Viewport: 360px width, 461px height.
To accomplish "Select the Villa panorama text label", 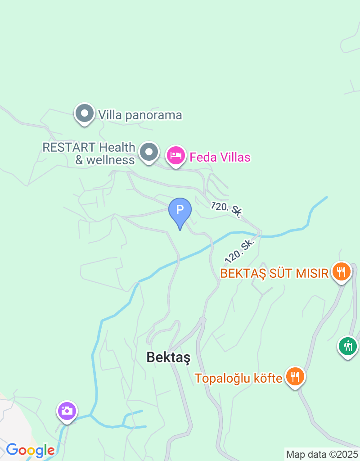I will [x=140, y=115].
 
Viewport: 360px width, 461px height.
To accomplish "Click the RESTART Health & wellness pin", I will [x=149, y=153].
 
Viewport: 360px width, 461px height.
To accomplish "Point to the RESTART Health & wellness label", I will [x=89, y=154].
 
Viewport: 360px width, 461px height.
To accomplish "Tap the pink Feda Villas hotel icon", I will [x=176, y=156].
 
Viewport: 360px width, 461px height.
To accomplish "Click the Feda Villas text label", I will [x=220, y=157].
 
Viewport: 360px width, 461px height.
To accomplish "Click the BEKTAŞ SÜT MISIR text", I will [x=274, y=273].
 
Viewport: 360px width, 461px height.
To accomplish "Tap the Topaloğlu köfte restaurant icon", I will [x=295, y=377].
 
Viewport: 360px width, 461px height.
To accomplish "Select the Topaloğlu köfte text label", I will [x=238, y=378].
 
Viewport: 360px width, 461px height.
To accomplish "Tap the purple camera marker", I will [x=67, y=411].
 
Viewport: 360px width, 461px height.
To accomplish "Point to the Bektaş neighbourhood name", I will [x=169, y=357].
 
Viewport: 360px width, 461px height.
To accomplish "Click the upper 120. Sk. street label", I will [x=226, y=210].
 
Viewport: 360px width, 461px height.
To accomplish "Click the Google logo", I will [x=30, y=450].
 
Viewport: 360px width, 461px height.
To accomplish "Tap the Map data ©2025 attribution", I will [x=322, y=454].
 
